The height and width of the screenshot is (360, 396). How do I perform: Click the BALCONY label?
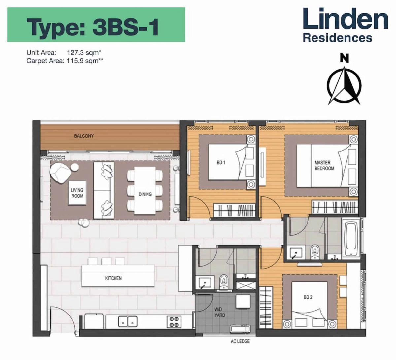tap(84, 136)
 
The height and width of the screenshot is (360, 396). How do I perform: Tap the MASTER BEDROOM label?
tap(324, 165)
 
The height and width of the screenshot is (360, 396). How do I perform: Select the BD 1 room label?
tap(221, 162)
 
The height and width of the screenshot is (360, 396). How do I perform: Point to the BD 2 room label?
tap(308, 297)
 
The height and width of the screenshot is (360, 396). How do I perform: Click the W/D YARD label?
tap(220, 312)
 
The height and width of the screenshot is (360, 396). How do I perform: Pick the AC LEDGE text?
tap(240, 341)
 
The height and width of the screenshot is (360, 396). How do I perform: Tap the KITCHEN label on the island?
tap(113, 278)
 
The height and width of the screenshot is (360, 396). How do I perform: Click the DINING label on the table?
tap(145, 194)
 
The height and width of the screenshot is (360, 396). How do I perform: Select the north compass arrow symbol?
tap(344, 84)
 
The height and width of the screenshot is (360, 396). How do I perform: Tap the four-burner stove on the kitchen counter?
tap(174, 321)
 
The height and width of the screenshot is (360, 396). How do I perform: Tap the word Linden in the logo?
tap(345, 19)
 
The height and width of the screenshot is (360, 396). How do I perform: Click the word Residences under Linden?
tap(337, 38)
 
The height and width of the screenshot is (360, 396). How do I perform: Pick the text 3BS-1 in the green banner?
tap(126, 27)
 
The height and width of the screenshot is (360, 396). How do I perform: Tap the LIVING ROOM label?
tap(77, 193)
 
